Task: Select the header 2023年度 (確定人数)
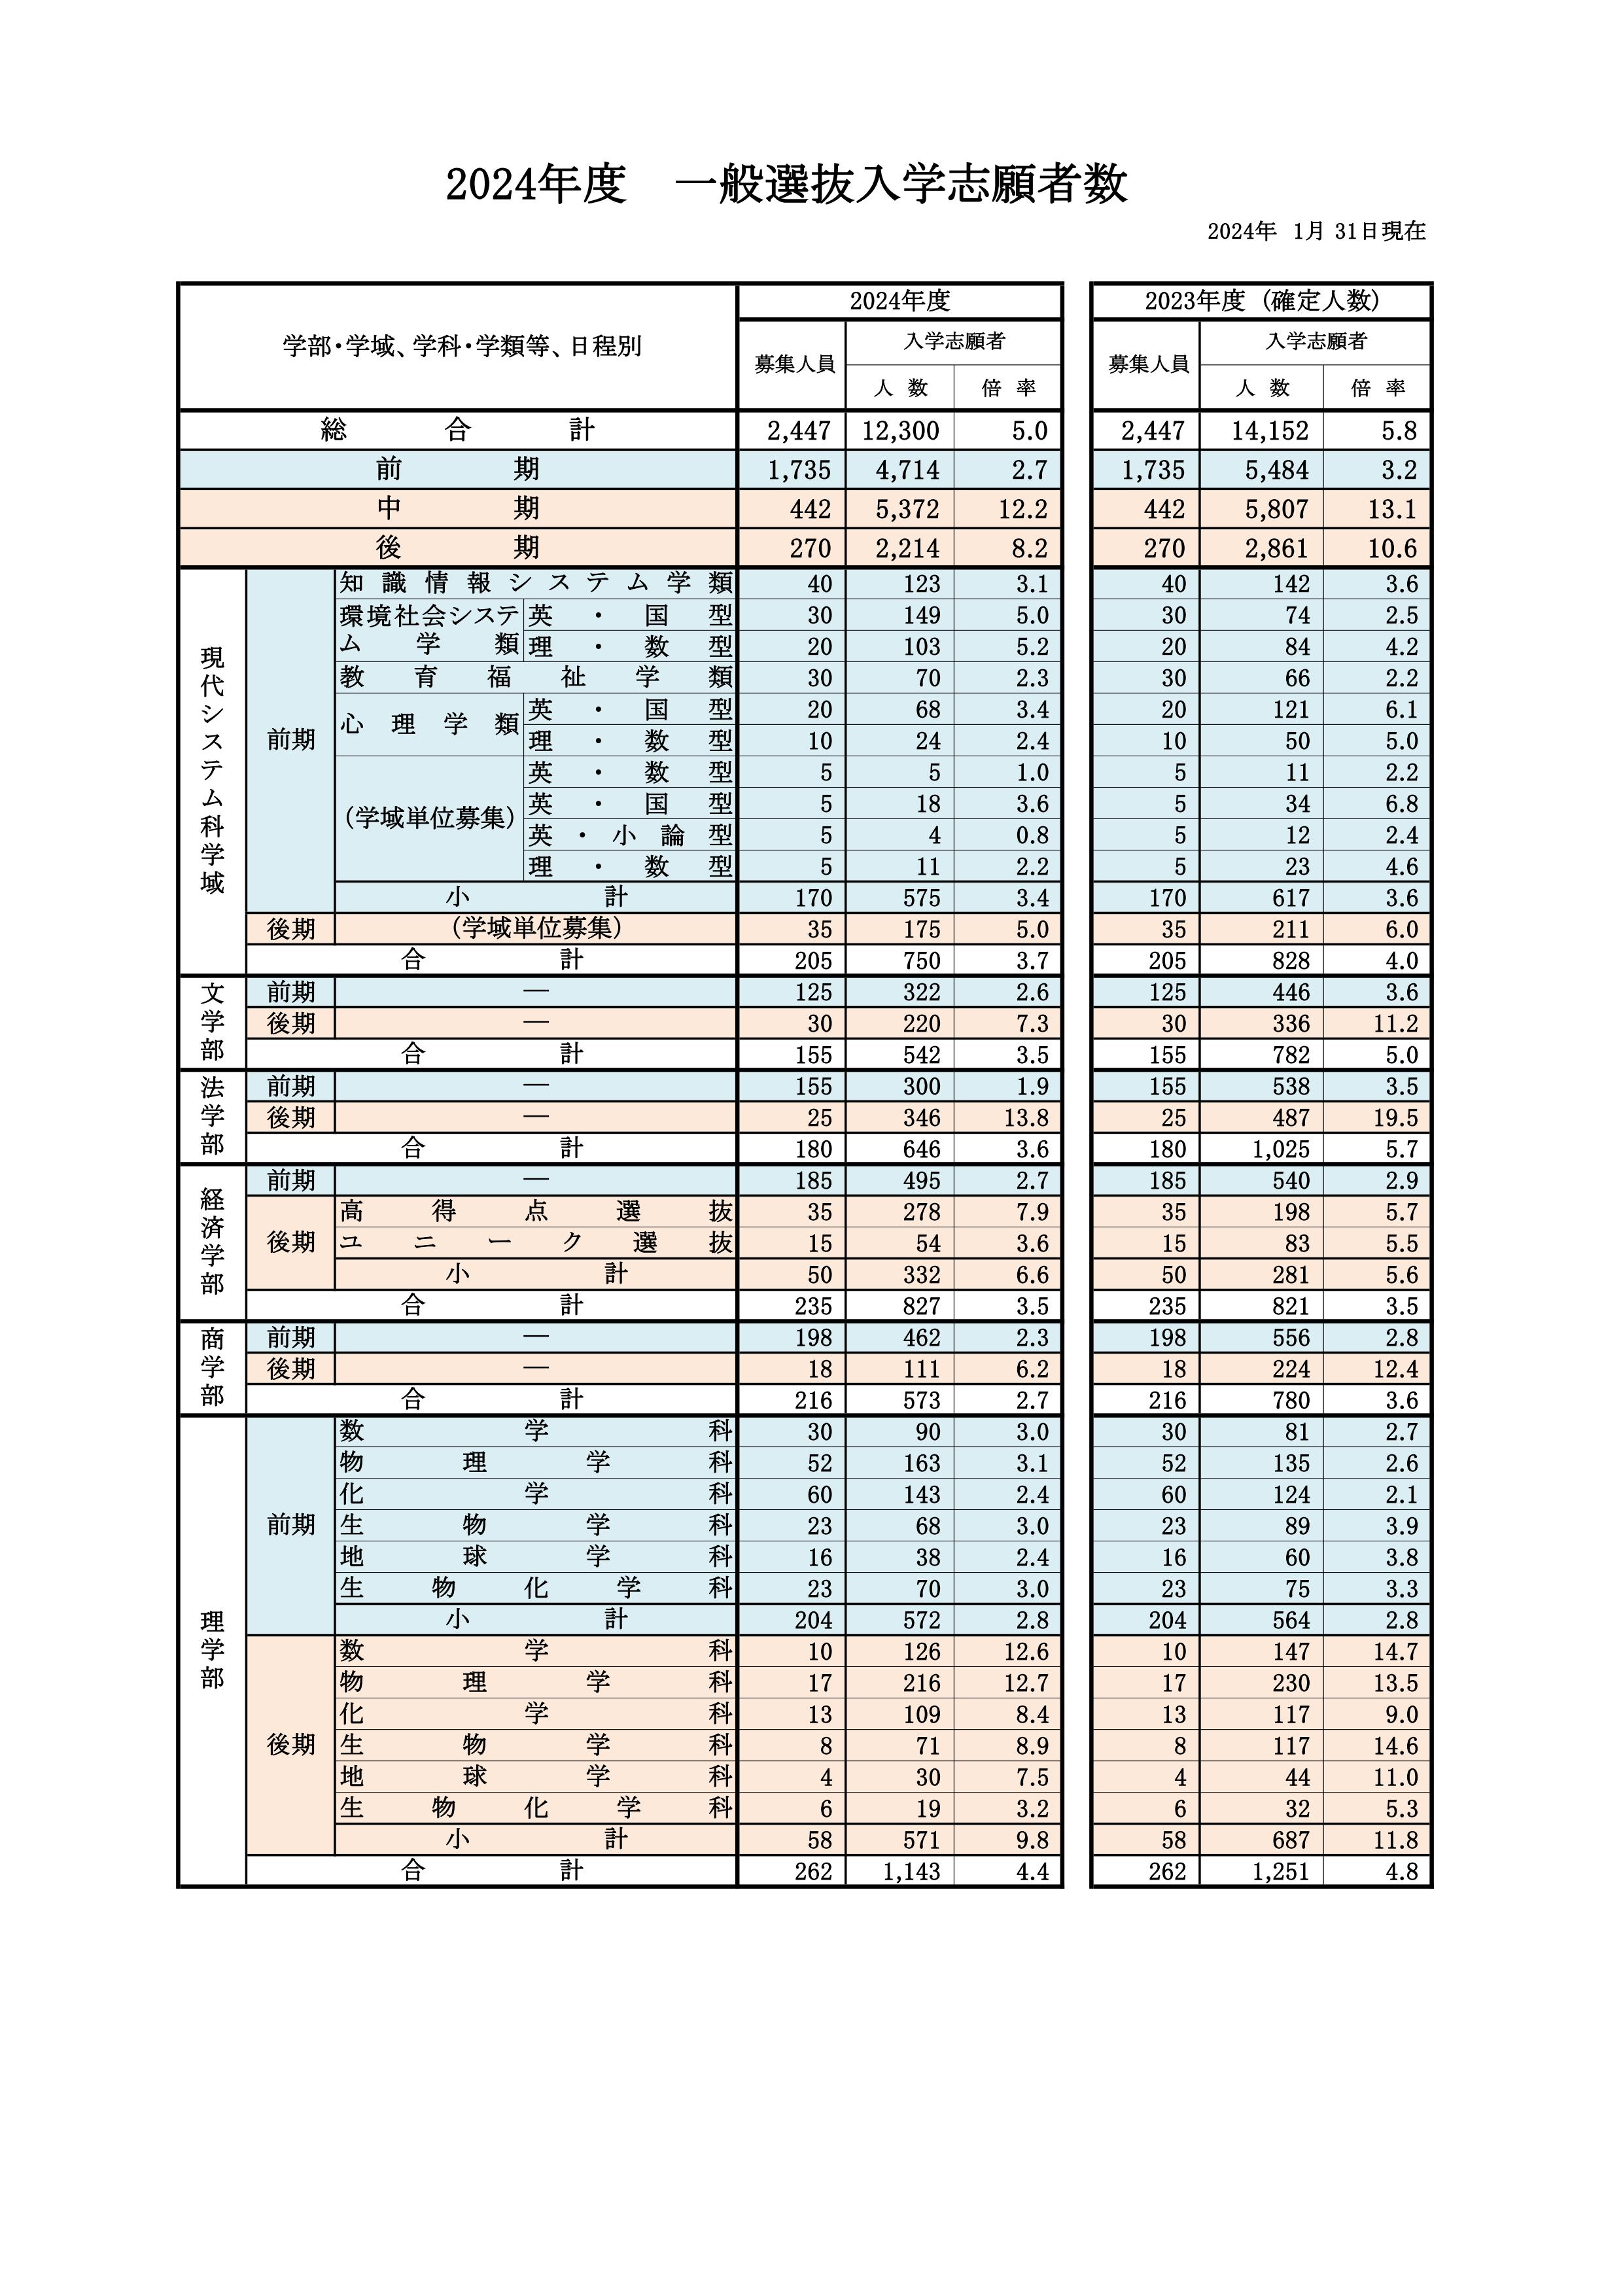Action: tap(1261, 301)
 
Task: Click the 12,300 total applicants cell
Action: tap(899, 431)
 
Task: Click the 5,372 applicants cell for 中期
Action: tap(899, 510)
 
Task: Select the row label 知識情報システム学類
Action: tap(536, 583)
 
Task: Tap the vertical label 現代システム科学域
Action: tap(212, 769)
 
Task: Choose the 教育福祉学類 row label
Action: tap(536, 678)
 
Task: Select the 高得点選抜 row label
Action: tap(536, 1212)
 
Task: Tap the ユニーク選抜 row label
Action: tap(536, 1244)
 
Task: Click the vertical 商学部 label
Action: tap(212, 1367)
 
